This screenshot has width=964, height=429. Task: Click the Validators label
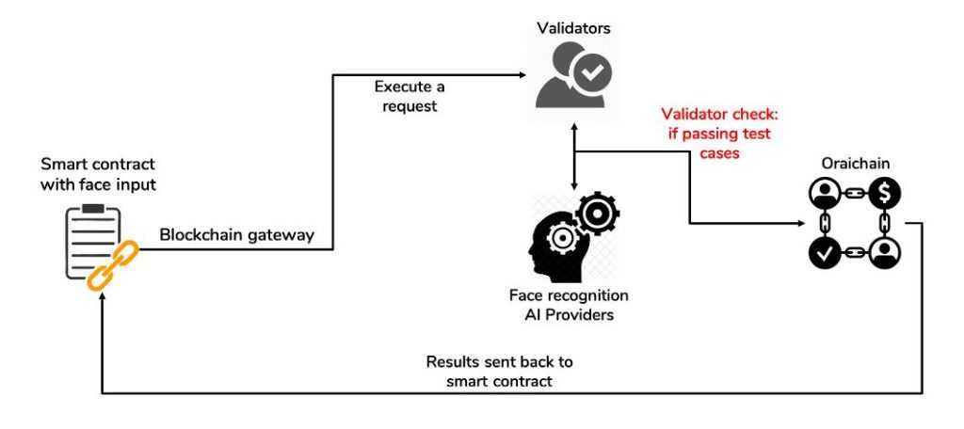pos(573,27)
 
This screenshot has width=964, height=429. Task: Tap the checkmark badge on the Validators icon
pos(593,71)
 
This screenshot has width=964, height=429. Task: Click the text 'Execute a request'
pos(410,96)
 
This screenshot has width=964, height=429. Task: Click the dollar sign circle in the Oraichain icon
pos(885,193)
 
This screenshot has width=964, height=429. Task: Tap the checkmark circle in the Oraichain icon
pos(825,252)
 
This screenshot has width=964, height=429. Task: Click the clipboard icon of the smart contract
pos(92,241)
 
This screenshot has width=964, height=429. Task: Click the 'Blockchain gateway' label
pos(235,235)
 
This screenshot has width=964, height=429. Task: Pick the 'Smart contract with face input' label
pos(98,175)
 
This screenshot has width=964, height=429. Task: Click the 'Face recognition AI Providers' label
pos(569,305)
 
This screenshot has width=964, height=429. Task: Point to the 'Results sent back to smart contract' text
pos(499,371)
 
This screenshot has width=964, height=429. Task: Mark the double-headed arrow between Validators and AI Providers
pos(573,156)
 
